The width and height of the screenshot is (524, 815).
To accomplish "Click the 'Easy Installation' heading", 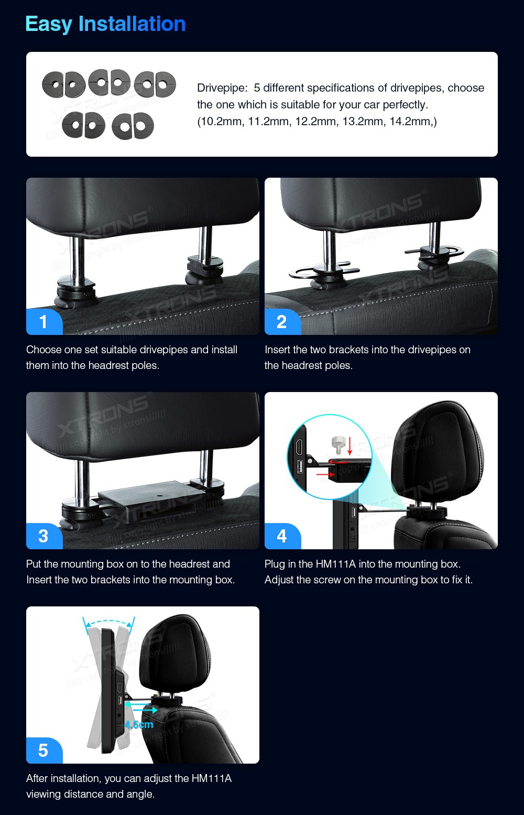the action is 105,24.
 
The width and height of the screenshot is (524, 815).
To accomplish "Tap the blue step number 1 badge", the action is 44,322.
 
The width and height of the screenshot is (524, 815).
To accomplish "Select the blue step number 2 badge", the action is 282,322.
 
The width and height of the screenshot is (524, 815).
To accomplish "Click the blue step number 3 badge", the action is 44,536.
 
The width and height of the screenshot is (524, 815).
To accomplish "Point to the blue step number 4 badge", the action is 282,536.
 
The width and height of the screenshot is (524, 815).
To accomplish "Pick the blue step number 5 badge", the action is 44,750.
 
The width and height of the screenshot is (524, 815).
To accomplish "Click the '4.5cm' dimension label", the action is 139,724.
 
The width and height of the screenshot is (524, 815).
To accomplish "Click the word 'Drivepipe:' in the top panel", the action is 222,88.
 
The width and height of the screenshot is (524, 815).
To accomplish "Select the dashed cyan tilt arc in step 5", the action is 108,622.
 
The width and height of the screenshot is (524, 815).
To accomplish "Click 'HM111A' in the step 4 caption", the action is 335,564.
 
